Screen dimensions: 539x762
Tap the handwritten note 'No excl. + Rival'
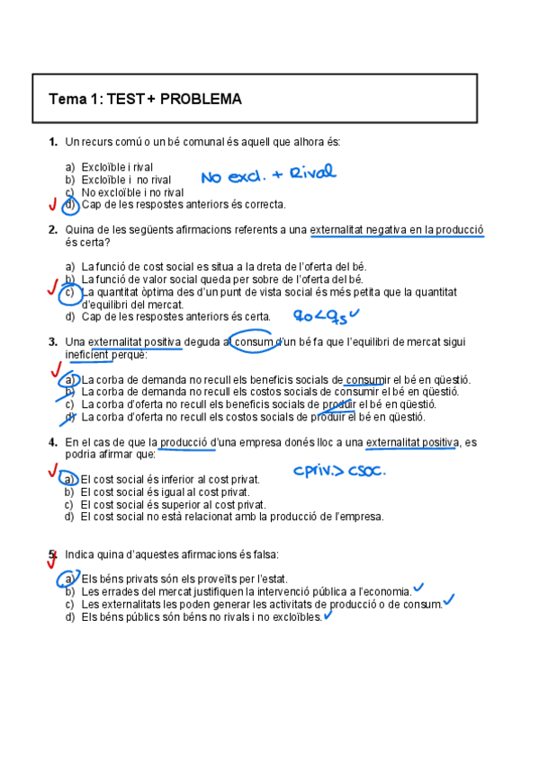[267, 173]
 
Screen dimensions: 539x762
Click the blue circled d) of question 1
[70, 205]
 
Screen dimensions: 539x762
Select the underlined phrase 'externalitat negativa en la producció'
[396, 230]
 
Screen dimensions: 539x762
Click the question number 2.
[53, 230]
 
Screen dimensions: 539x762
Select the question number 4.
[53, 442]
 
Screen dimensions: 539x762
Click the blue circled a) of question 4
[69, 479]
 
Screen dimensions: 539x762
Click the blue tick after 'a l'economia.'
[419, 589]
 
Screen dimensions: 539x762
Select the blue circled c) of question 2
[70, 292]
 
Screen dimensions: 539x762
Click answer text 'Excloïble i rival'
[117, 167]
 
